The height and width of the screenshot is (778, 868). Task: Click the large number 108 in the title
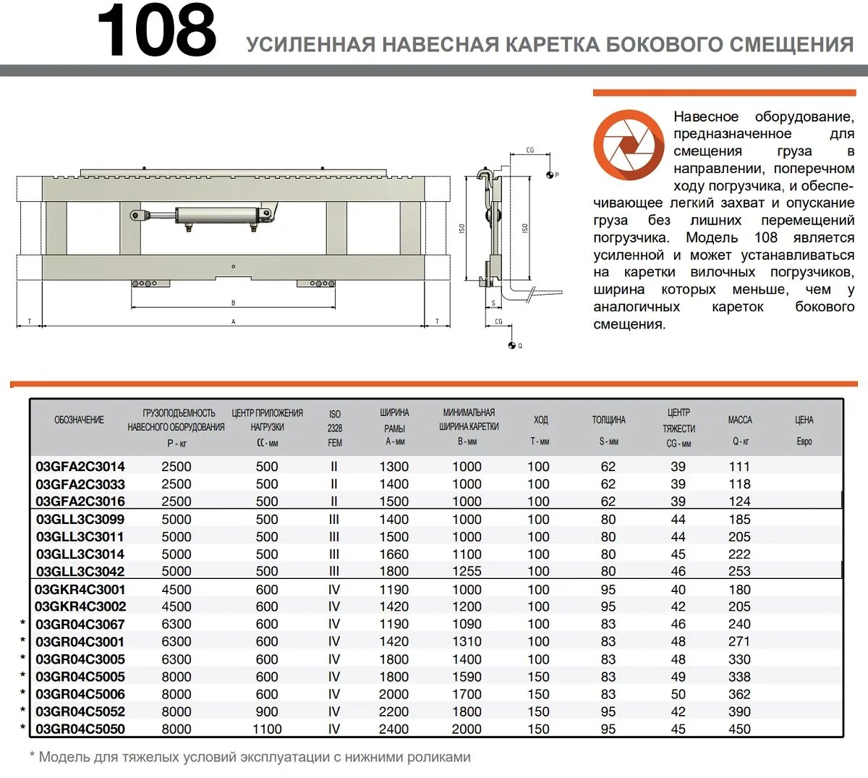click(x=156, y=33)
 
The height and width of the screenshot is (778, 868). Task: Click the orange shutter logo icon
click(x=628, y=145)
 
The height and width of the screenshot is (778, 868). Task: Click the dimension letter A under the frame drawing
click(x=233, y=321)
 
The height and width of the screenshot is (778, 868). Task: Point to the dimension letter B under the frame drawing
click(x=233, y=303)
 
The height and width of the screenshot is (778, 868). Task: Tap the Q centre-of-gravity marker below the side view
click(x=511, y=345)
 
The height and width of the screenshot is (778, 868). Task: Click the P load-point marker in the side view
click(x=550, y=174)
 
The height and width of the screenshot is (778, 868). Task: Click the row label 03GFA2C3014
click(x=80, y=467)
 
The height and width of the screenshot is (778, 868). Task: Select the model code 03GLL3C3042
click(x=80, y=572)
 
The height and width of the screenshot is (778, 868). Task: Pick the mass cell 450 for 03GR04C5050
click(x=739, y=730)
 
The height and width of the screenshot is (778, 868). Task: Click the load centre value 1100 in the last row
click(x=267, y=730)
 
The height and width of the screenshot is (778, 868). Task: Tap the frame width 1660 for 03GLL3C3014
click(x=394, y=554)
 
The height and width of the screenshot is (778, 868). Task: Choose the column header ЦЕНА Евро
click(x=804, y=430)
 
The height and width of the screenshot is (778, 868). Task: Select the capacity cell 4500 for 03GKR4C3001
click(x=176, y=590)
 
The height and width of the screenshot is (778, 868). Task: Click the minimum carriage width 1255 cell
click(x=467, y=572)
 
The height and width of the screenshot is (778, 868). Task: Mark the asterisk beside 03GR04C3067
click(x=23, y=624)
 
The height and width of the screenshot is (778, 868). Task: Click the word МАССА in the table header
click(x=739, y=420)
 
